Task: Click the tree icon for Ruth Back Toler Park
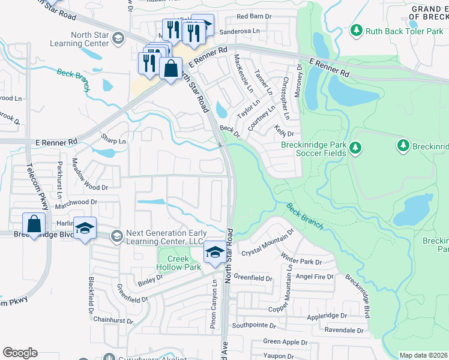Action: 356,29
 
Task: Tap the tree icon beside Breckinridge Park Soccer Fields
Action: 356,146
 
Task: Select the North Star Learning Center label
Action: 90,40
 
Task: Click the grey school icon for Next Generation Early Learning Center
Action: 115,236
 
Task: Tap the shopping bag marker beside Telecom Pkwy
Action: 35,224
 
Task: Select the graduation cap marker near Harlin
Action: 85,229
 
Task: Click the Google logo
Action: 20,353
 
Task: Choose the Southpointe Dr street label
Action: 254,326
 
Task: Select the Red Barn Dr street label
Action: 259,17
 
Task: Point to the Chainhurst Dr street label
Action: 113,321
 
